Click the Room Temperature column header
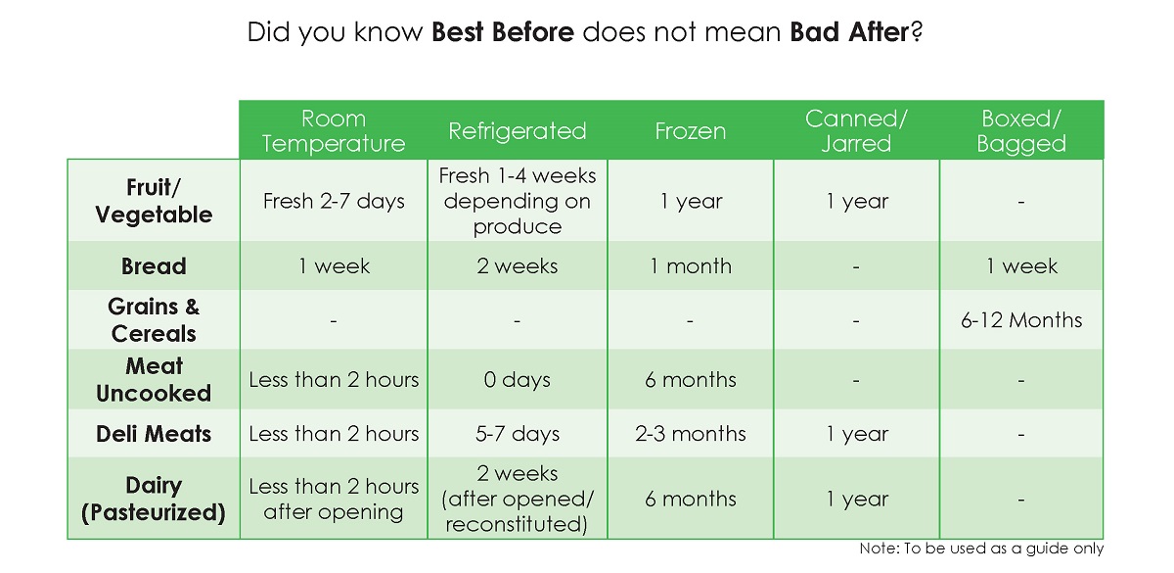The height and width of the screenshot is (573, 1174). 334,130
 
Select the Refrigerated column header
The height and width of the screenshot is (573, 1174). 518,130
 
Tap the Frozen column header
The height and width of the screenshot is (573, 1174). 691,130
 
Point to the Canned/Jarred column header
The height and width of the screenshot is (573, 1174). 856,130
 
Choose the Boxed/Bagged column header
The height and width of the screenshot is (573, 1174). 1021,130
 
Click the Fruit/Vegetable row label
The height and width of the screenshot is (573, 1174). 154,201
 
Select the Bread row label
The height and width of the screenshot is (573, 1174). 154,266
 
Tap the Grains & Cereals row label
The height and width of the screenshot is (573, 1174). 154,320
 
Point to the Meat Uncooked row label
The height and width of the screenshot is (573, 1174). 154,379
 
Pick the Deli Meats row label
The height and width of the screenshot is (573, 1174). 154,434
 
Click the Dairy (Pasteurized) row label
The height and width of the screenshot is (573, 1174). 154,499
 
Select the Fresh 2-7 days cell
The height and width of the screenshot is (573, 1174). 334,201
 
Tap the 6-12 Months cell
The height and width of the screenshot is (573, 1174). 1021,320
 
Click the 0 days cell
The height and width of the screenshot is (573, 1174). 518,380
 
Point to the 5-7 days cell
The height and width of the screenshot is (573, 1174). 518,434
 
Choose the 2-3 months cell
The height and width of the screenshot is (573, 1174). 691,434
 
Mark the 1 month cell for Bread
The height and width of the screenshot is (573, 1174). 691,266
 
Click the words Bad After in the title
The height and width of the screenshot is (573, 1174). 849,32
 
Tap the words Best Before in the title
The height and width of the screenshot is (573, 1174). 503,32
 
